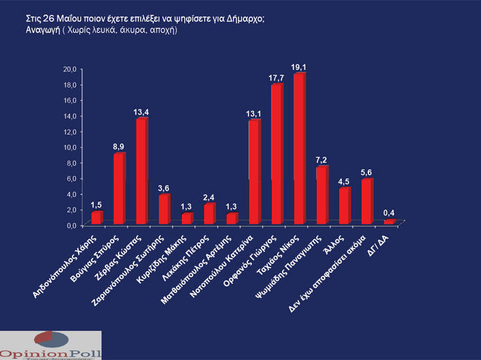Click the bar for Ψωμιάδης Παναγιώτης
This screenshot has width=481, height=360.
pos(322,195)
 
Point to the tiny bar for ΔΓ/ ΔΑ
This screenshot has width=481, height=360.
pos(389,222)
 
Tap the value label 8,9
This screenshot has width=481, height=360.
pos(119,146)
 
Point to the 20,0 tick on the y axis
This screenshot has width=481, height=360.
pos(70,69)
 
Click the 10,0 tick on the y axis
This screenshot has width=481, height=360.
pos(70,147)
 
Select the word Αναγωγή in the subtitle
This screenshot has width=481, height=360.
pos(34,31)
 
